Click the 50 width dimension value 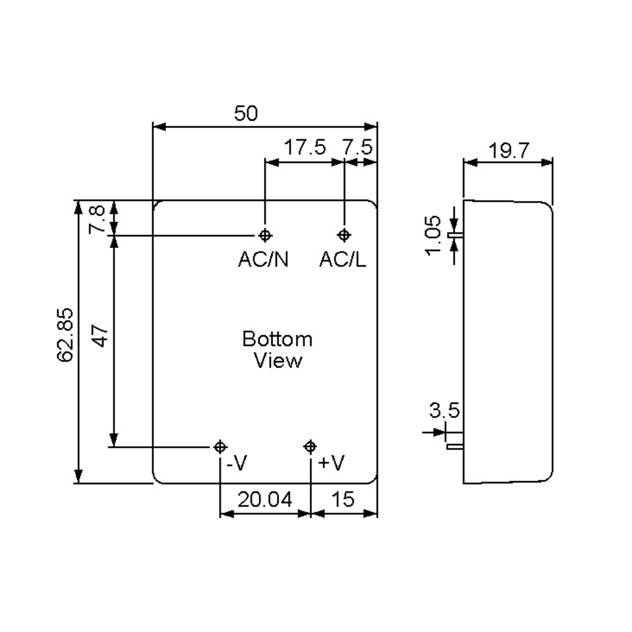point(246,113)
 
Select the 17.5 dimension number point(305,147)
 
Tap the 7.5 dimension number point(357,147)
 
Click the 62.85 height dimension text point(65,335)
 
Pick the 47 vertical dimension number point(100,336)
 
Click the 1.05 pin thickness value point(434,235)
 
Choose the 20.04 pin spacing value point(265,500)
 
